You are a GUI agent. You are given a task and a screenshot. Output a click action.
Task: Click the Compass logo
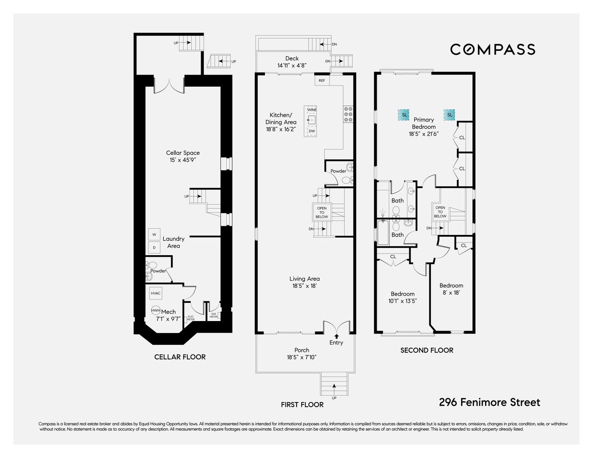click(x=492, y=49)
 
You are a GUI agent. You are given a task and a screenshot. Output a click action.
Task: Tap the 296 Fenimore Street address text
click(x=489, y=402)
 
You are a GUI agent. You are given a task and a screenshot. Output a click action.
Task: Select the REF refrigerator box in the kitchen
click(x=322, y=81)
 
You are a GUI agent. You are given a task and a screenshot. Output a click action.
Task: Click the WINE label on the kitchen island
click(x=312, y=110)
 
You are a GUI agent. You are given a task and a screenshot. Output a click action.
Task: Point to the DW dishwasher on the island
click(x=312, y=131)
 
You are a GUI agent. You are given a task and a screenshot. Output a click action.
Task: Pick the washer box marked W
click(x=154, y=234)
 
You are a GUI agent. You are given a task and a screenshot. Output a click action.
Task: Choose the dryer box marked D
click(x=154, y=247)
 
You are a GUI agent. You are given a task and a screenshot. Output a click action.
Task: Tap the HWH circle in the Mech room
click(x=156, y=311)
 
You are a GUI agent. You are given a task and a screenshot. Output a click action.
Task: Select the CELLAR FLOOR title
click(x=180, y=357)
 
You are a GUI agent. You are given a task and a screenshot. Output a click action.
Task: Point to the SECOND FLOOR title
click(x=427, y=350)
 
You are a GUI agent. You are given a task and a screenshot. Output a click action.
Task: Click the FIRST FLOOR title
click(x=302, y=404)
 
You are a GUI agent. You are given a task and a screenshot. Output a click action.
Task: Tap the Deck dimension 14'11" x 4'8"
click(x=291, y=65)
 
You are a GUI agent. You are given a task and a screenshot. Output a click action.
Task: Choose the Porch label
click(x=302, y=350)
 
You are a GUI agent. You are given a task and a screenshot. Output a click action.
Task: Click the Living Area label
click(x=304, y=278)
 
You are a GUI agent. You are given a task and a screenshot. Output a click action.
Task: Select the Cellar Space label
click(x=183, y=153)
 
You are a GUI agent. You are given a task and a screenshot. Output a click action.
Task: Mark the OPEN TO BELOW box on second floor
click(x=440, y=212)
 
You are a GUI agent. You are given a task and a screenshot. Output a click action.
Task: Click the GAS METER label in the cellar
click(x=214, y=315)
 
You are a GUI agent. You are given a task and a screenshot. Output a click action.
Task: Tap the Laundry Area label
click(x=173, y=242)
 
